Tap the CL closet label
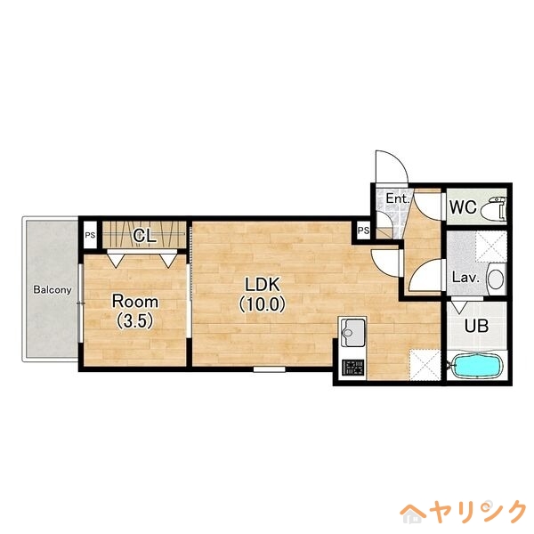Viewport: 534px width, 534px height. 145,236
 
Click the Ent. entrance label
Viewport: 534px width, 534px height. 397,198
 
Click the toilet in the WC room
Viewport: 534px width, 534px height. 496,208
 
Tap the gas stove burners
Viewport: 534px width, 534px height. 352,366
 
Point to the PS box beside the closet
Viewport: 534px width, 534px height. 90,235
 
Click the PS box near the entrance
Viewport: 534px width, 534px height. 363,231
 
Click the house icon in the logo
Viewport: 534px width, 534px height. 414,511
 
